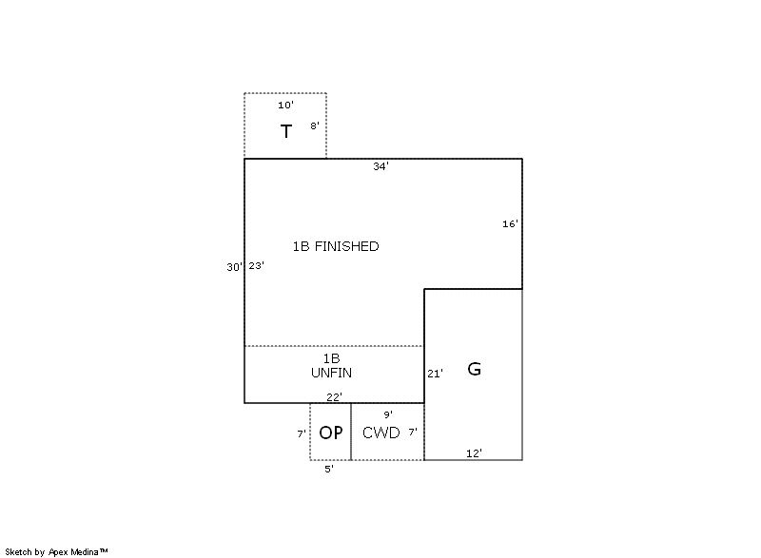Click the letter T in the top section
[x=286, y=131]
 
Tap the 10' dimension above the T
[x=286, y=105]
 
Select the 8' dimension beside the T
[x=315, y=125]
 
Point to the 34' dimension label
[x=381, y=166]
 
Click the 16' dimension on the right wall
[x=510, y=223]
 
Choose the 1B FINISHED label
[x=336, y=246]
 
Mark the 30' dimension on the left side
[x=234, y=266]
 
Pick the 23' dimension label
[x=256, y=265]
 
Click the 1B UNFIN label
[x=331, y=366]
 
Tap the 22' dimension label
[x=335, y=397]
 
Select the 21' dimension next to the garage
[x=435, y=374]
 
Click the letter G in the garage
[x=474, y=369]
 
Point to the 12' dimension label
[x=474, y=453]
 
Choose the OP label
[x=331, y=433]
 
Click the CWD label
[x=381, y=433]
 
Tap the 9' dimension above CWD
[x=388, y=414]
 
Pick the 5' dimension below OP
[x=329, y=469]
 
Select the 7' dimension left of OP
[x=302, y=433]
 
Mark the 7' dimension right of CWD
[x=413, y=432]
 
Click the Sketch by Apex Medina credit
[x=56, y=551]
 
